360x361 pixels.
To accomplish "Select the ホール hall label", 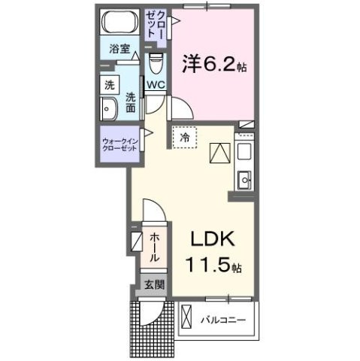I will tap(153, 247).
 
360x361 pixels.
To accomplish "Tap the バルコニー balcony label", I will tap(223, 320).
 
